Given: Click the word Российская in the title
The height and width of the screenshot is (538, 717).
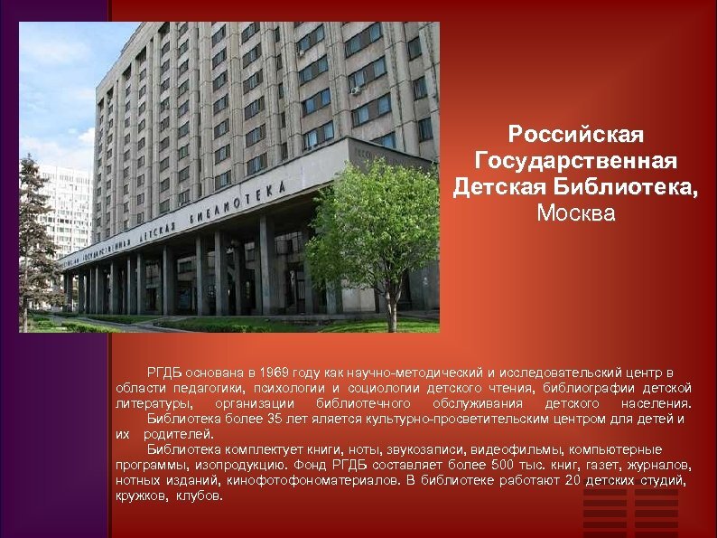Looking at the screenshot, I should pyautogui.click(x=575, y=136).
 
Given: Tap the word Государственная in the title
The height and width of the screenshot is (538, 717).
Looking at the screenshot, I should pyautogui.click(x=575, y=162).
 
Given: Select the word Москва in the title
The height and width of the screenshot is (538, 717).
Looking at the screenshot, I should pyautogui.click(x=575, y=214).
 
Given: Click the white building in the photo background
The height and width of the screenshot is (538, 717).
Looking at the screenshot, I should pyautogui.click(x=68, y=208).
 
